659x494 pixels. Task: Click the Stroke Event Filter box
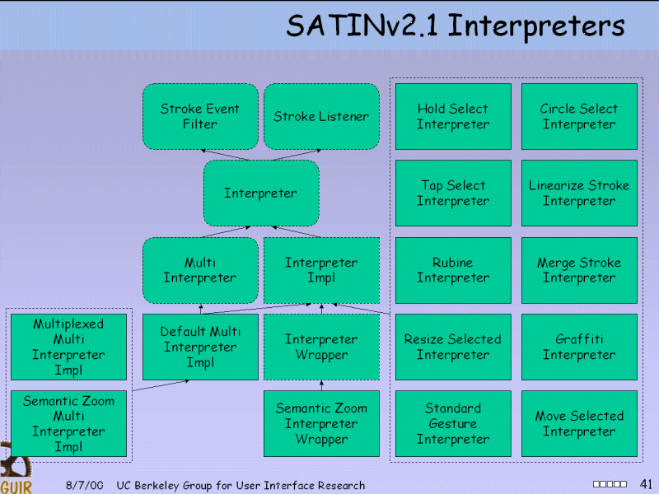tap(200, 116)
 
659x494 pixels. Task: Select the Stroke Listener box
tap(321, 116)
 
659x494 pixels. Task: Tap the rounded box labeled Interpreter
tap(260, 193)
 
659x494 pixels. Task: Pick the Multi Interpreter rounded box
tap(200, 270)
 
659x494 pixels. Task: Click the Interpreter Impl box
tap(321, 270)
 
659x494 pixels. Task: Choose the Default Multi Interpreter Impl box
tap(200, 347)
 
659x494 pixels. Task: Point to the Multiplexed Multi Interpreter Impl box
tap(68, 347)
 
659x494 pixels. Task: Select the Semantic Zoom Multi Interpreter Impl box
tap(68, 423)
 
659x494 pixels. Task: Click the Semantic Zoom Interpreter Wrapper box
tap(321, 423)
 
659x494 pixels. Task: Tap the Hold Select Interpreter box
tap(453, 116)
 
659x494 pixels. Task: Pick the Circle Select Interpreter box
tap(579, 116)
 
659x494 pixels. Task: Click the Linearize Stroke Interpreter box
tap(579, 193)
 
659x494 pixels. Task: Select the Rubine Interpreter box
tap(453, 270)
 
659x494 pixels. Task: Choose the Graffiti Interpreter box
tap(579, 347)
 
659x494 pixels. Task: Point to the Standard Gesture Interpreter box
tap(453, 423)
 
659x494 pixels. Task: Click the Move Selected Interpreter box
tap(579, 423)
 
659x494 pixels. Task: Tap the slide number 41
tap(645, 483)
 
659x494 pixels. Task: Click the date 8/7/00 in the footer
tap(85, 486)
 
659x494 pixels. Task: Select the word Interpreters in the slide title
tap(536, 26)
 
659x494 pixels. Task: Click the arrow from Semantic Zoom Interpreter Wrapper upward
tap(321, 385)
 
